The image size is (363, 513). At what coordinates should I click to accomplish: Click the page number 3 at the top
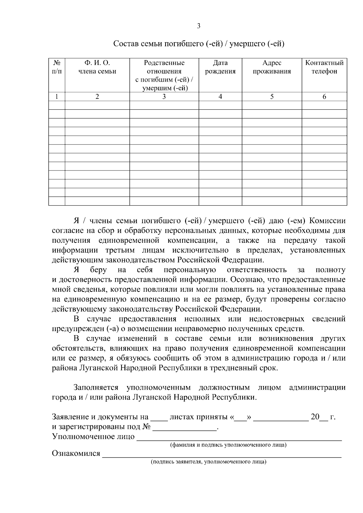(x=198, y=26)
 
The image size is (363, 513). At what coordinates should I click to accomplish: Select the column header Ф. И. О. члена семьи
(x=97, y=67)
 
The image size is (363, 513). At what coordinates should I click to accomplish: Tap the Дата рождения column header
(x=220, y=67)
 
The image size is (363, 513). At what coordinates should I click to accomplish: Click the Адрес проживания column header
(x=272, y=67)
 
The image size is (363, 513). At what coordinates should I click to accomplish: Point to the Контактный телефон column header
(x=324, y=67)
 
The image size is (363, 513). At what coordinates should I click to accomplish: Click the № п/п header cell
(x=57, y=67)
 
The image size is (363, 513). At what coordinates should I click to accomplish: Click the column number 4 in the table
(x=220, y=96)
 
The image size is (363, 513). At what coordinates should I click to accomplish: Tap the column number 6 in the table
(x=324, y=96)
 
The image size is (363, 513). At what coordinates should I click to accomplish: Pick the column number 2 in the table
(x=97, y=96)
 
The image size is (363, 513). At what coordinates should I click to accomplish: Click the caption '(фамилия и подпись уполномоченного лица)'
(x=228, y=445)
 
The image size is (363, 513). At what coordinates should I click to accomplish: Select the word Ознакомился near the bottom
(x=76, y=453)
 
